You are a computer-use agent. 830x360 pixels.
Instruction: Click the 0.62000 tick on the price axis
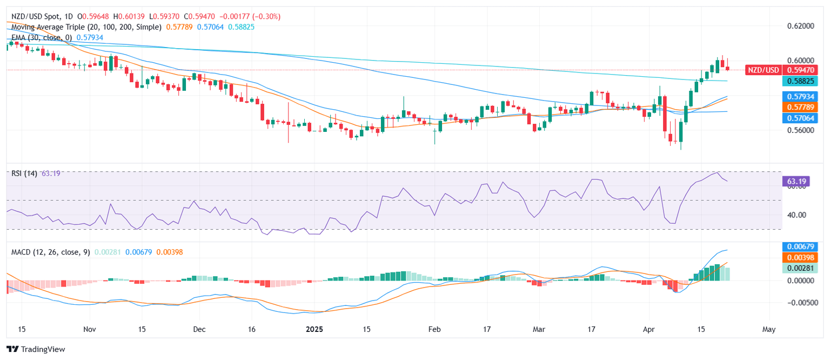(x=800, y=26)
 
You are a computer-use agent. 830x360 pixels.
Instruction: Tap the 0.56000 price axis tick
(x=800, y=130)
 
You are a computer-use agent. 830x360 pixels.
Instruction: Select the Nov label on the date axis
(x=90, y=329)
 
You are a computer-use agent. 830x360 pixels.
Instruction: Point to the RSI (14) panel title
(x=24, y=174)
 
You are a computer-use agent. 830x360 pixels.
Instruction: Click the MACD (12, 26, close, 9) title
(x=51, y=252)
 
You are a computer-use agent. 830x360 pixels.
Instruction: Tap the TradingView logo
(x=36, y=349)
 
